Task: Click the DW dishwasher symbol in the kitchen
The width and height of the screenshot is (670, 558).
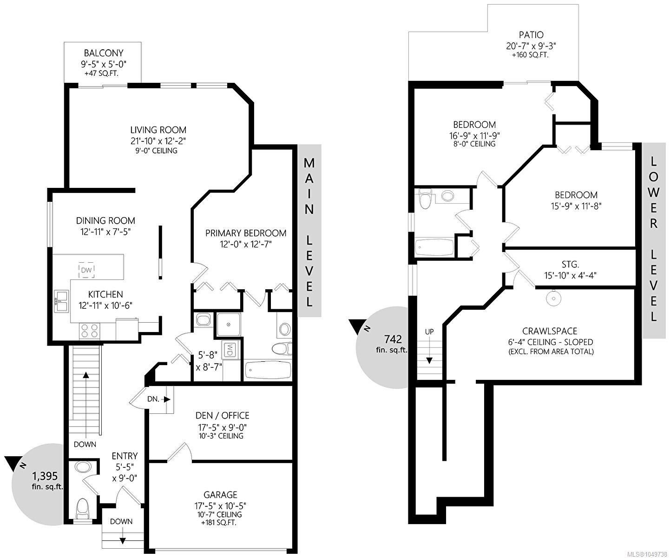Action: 86,270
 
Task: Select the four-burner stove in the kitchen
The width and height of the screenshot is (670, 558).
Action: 90,331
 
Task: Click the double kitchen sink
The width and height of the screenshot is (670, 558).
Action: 61,301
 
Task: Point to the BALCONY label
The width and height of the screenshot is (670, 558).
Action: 104,53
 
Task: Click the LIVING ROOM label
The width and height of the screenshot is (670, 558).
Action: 158,130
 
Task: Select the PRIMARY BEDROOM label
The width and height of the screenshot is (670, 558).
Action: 246,233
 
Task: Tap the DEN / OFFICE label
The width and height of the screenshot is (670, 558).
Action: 223,416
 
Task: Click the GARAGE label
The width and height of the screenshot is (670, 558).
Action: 220,495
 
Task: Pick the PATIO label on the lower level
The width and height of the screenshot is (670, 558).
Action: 532,35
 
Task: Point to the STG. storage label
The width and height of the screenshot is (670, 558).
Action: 570,265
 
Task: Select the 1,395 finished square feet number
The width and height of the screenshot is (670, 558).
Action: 45,476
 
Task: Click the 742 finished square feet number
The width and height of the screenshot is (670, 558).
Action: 393,339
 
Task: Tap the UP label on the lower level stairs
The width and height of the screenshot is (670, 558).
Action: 429,332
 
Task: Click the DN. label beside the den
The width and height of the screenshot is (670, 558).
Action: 153,399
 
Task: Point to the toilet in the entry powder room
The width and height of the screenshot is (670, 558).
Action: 83,508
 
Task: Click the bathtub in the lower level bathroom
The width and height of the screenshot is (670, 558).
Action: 434,247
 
